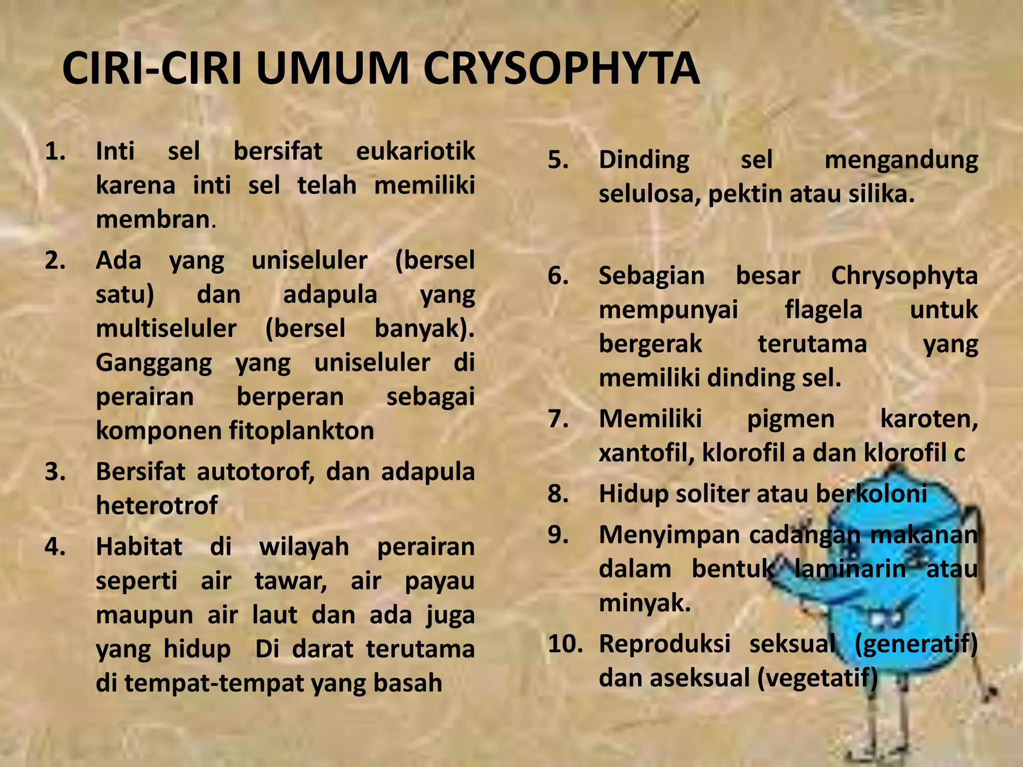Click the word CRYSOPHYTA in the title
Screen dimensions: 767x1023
pos(561,69)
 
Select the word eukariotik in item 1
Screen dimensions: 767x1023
pos(415,151)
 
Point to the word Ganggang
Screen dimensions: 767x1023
pos(154,363)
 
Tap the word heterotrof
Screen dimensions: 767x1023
pos(157,506)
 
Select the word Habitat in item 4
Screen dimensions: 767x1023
pos(139,547)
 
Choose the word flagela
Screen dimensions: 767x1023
pos(824,310)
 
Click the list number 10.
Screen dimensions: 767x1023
pos(564,644)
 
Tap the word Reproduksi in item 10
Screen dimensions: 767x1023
pos(664,644)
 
